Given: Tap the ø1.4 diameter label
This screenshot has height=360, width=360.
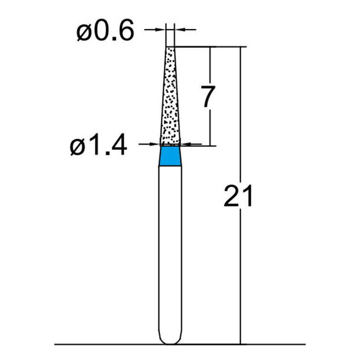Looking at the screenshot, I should (99, 146).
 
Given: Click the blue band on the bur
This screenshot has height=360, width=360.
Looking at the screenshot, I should (171, 156).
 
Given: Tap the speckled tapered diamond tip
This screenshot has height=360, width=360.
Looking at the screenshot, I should (170, 99).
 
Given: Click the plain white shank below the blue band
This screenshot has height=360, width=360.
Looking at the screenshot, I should (171, 247).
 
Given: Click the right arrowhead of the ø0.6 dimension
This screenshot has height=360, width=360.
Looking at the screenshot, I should (177, 30).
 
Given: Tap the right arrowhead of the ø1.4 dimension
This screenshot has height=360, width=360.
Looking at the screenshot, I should (184, 144).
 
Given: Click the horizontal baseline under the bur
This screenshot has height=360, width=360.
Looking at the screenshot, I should (112, 345).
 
